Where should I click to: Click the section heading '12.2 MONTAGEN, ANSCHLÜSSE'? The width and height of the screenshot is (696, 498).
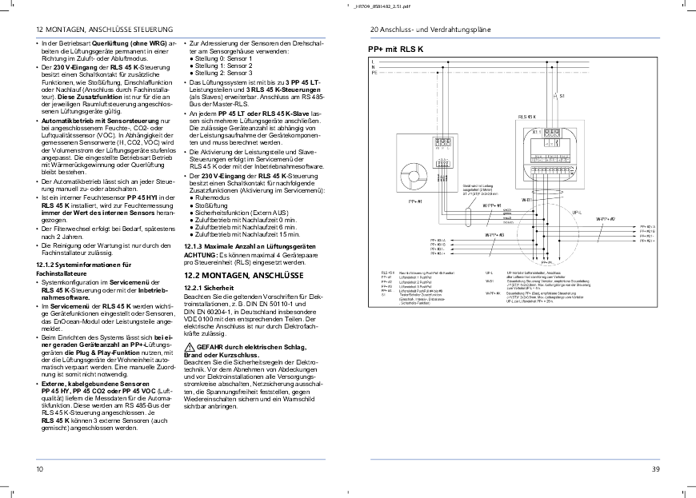click(230, 274)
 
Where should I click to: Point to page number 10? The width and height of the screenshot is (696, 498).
click(40, 469)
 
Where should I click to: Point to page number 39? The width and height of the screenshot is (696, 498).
click(655, 469)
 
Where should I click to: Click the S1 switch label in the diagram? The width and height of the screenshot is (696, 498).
click(562, 95)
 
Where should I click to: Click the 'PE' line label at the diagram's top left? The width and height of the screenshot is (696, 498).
click(374, 74)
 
